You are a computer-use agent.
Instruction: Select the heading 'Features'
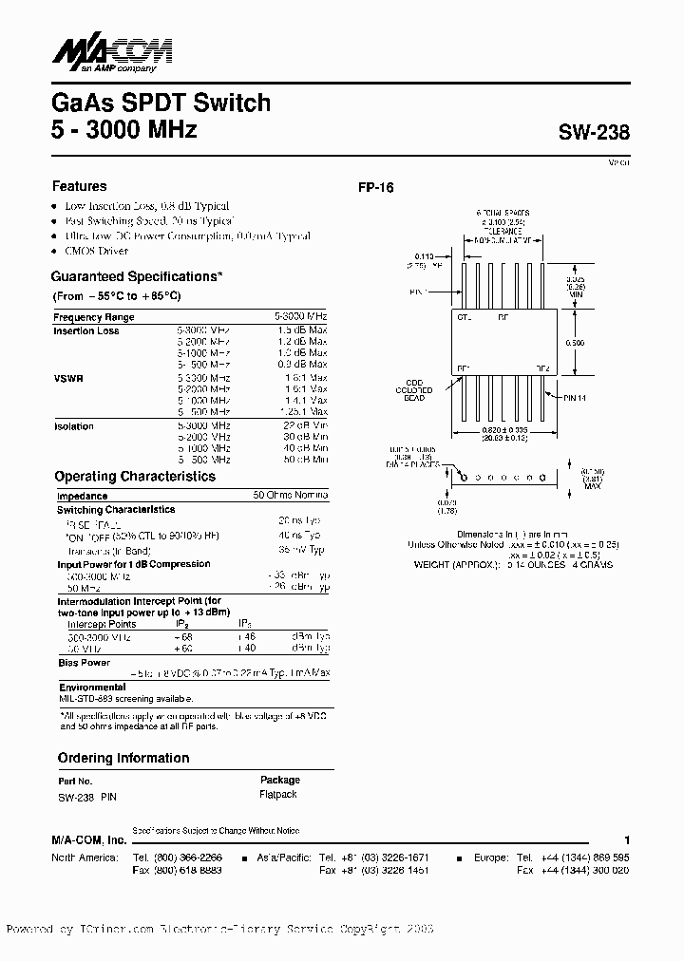click(x=79, y=186)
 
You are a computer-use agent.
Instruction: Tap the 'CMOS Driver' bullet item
click(x=96, y=251)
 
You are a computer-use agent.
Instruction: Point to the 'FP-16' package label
click(x=375, y=188)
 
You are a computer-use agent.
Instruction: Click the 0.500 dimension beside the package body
click(x=576, y=343)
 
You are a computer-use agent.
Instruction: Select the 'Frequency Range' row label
click(x=94, y=317)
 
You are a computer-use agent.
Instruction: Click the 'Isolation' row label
click(x=73, y=426)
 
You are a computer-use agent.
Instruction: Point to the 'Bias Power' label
click(x=84, y=663)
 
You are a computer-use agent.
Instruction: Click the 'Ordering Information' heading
click(x=123, y=758)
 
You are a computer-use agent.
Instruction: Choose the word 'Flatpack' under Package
click(x=277, y=794)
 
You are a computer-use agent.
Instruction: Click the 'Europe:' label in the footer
click(x=491, y=857)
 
